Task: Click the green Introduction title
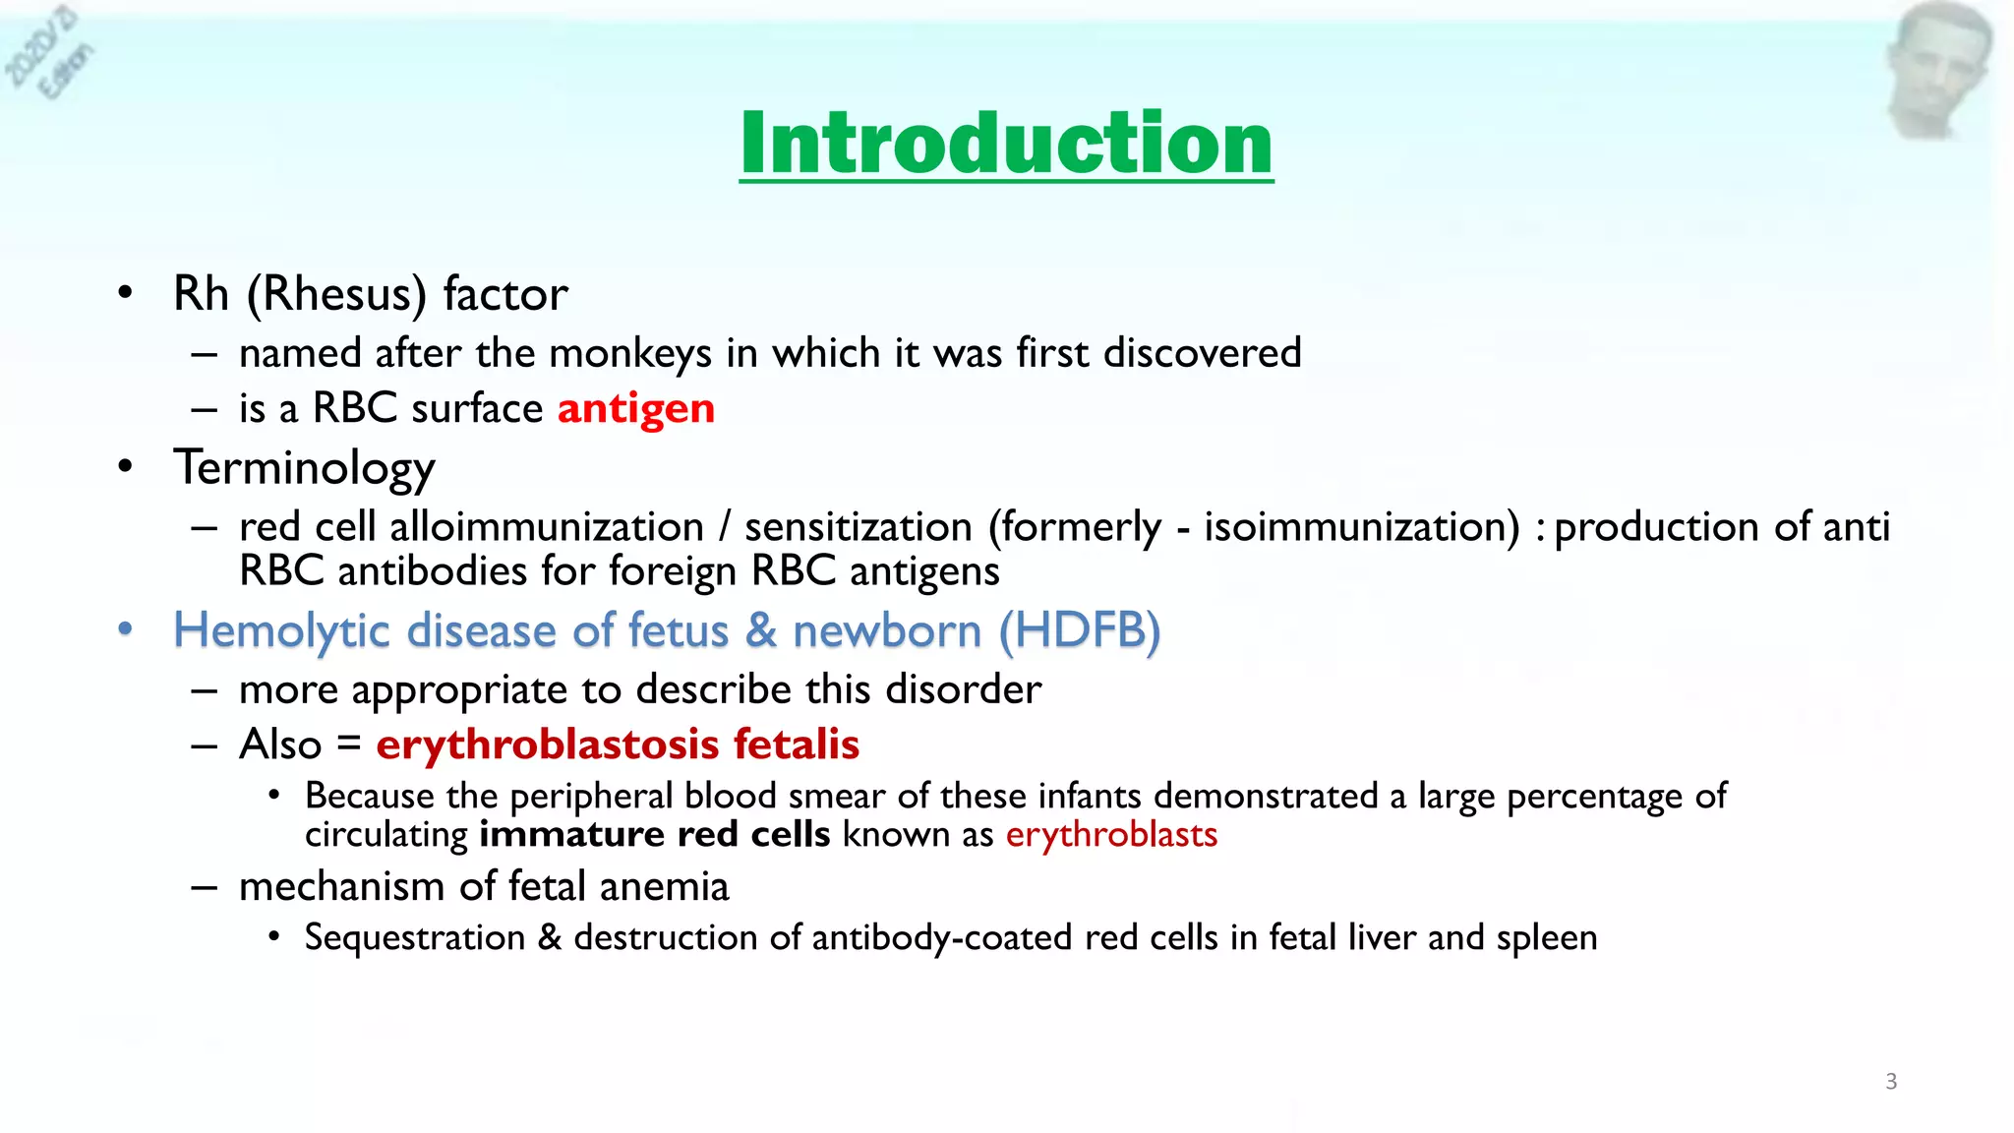(1006, 144)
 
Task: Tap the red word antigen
(635, 408)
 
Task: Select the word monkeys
(629, 353)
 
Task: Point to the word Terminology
(304, 467)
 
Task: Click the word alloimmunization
(547, 527)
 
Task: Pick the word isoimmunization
(1362, 527)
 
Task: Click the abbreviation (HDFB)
(1080, 630)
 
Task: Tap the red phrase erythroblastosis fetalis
(618, 745)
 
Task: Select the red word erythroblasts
(1111, 835)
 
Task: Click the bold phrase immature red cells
(655, 835)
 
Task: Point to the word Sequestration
(415, 937)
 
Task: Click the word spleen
(1546, 937)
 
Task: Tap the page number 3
(1890, 1082)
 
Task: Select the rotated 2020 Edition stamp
(49, 54)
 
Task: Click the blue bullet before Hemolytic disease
(125, 629)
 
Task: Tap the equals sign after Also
(349, 745)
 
